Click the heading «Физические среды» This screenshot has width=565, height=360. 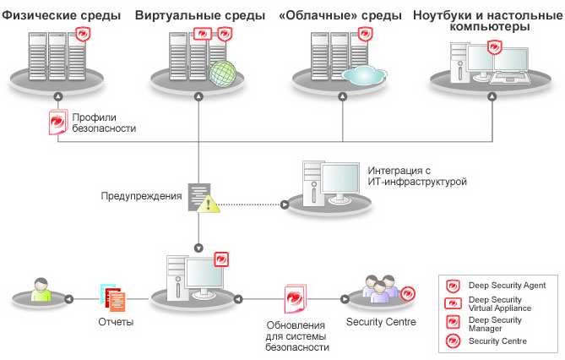point(61,16)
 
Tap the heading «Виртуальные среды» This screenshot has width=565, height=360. point(200,16)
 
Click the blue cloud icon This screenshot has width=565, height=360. point(363,74)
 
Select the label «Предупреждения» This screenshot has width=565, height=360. point(141,196)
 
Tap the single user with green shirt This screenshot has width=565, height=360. point(39,290)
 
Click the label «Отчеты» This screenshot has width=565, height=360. point(116,322)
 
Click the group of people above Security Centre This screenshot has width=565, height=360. point(378,289)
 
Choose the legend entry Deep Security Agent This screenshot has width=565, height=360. point(507,286)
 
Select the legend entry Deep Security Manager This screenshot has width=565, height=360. point(495,324)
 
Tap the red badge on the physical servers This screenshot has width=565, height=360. point(83,35)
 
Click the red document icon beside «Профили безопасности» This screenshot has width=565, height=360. point(57,123)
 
